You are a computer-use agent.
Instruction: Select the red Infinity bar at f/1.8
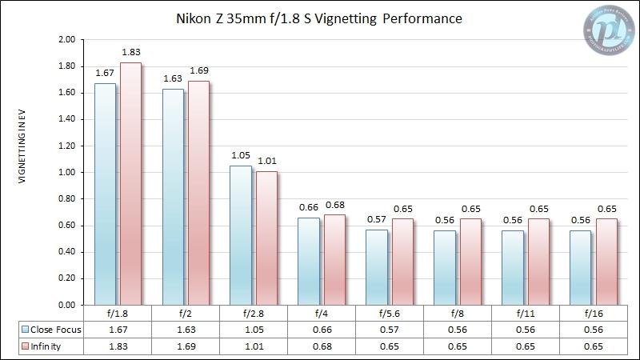tap(130, 184)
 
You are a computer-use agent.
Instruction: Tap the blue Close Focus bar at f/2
tap(173, 197)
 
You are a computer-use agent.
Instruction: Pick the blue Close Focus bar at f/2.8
tap(240, 235)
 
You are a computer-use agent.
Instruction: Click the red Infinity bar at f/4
tap(334, 260)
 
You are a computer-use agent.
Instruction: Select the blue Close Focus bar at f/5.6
tap(376, 267)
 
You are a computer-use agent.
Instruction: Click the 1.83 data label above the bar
tap(130, 53)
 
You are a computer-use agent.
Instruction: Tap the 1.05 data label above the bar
tap(240, 156)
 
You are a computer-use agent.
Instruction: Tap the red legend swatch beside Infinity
tap(26, 347)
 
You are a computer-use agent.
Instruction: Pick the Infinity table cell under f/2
tap(186, 347)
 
